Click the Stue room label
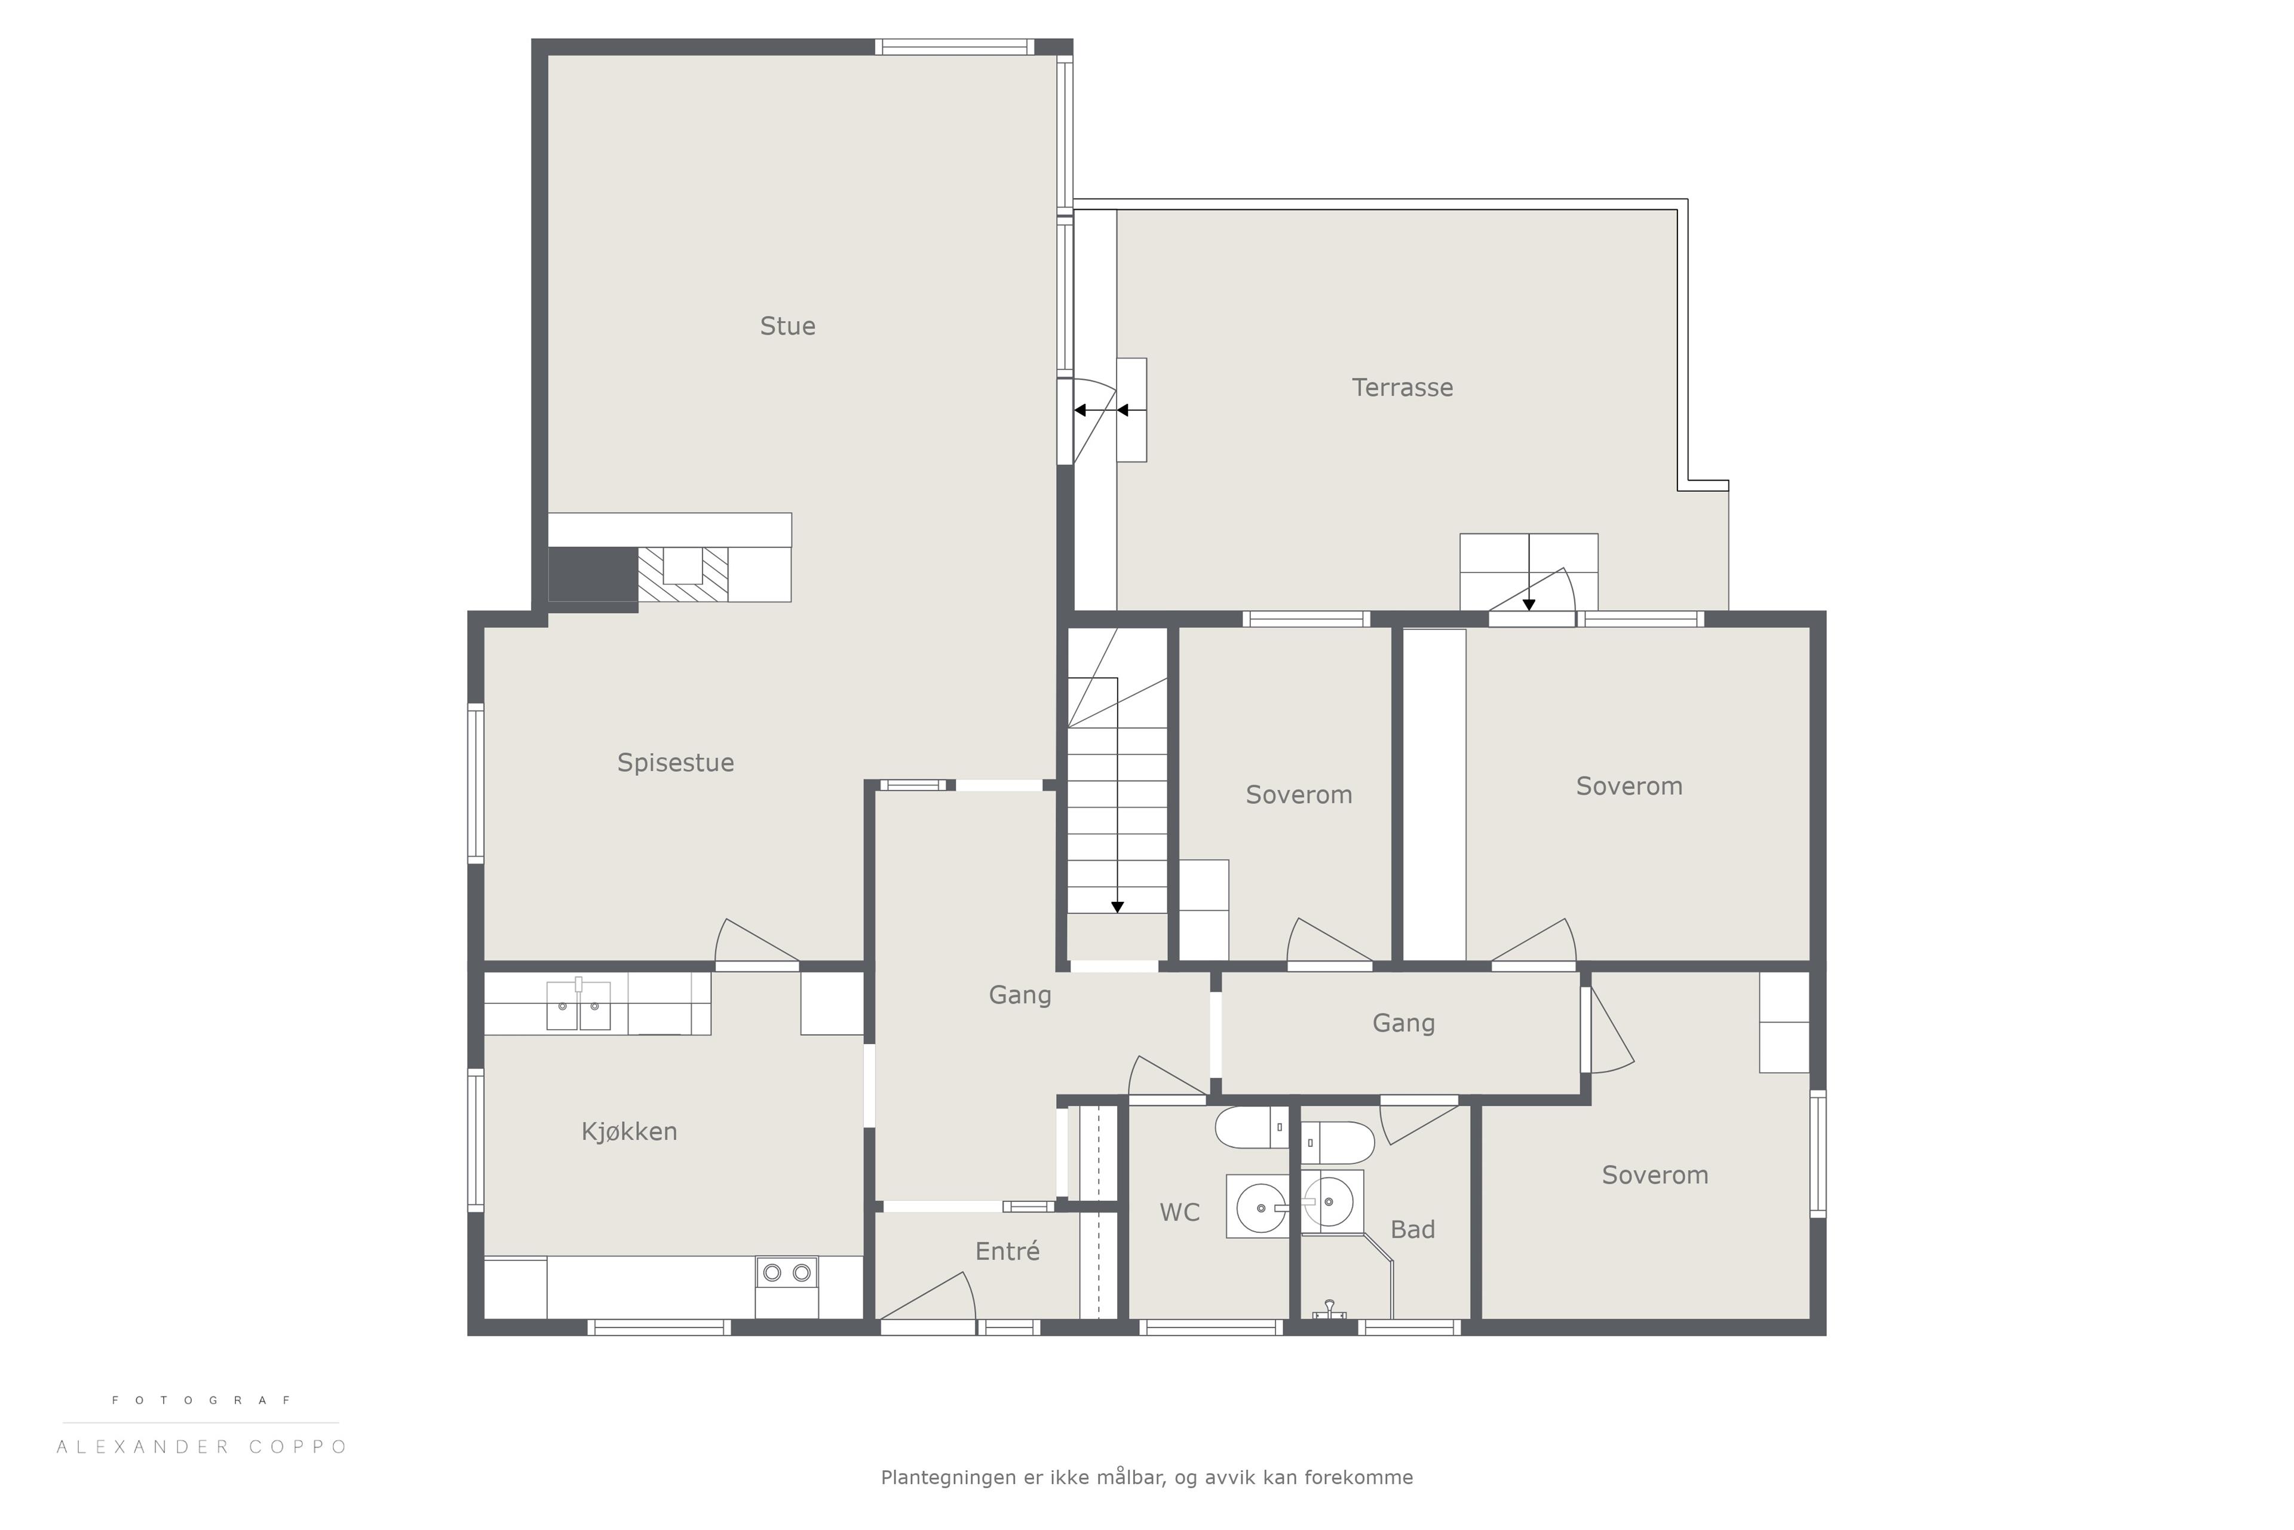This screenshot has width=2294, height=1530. [x=787, y=326]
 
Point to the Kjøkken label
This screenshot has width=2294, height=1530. [x=629, y=1131]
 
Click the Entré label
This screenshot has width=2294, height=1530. [x=1008, y=1251]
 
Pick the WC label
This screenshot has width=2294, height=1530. [x=1179, y=1213]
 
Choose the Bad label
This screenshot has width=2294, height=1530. [x=1412, y=1229]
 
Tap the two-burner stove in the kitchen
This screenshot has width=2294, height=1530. [x=786, y=1272]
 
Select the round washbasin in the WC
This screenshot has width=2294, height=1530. [x=1261, y=1207]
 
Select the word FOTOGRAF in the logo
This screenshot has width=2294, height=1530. [x=202, y=1400]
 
